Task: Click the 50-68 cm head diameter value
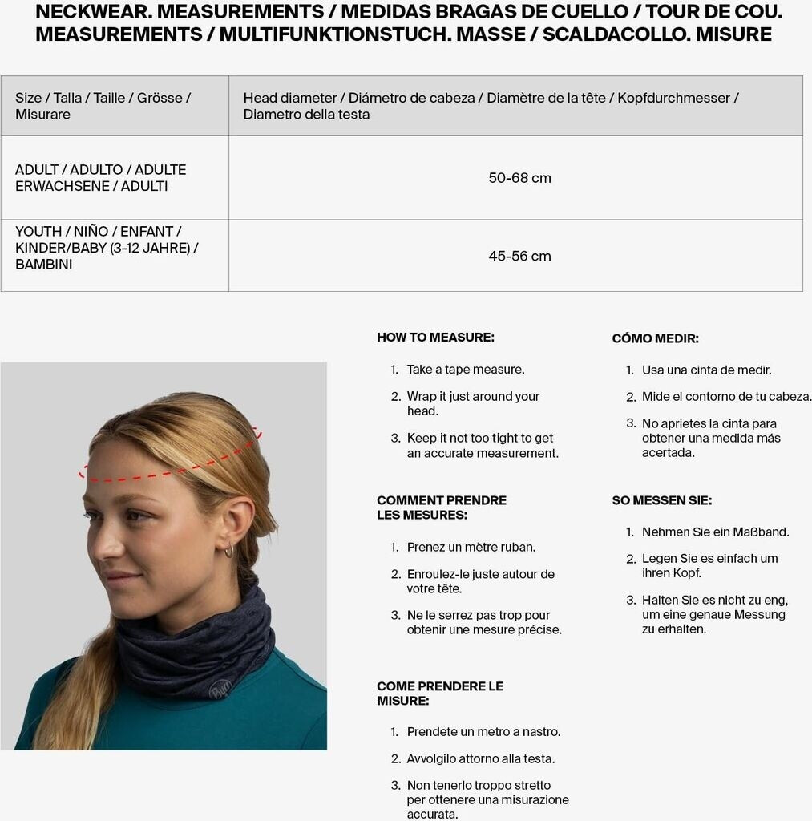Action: (x=519, y=178)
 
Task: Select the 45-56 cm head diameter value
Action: (x=519, y=257)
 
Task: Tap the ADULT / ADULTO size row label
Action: (x=100, y=178)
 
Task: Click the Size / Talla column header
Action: (x=103, y=106)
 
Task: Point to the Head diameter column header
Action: (x=491, y=106)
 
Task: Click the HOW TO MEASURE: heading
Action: (x=435, y=338)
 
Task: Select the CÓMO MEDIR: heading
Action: (x=655, y=338)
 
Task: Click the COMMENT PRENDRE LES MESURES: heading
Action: (x=442, y=508)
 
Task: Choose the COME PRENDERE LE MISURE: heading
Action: (x=440, y=694)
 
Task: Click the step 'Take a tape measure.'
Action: (x=465, y=370)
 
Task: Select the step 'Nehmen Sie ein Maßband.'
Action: (x=715, y=532)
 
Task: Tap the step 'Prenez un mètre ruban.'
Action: (x=471, y=548)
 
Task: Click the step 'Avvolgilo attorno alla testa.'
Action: (x=480, y=758)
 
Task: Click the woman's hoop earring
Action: (x=229, y=550)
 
